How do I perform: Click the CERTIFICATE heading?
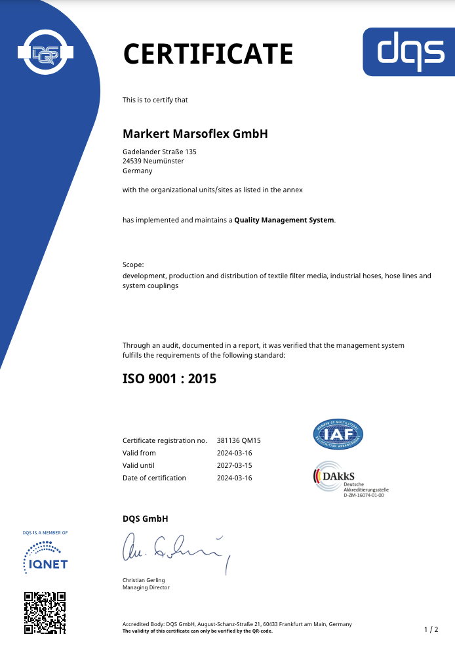tap(208, 53)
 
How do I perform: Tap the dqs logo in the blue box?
tap(408, 52)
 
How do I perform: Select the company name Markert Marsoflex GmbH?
tap(195, 133)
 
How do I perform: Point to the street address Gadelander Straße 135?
tap(159, 152)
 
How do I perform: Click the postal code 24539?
tap(132, 161)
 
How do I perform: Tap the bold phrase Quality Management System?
tap(284, 220)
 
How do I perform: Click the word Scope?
tap(133, 265)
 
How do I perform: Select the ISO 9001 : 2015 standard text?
tap(169, 379)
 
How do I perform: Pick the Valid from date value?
tap(234, 453)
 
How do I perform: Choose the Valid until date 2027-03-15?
tap(234, 465)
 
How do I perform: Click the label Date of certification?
tap(154, 478)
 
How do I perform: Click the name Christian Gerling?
tap(144, 580)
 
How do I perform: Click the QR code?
tap(45, 612)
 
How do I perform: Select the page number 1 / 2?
tap(431, 629)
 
